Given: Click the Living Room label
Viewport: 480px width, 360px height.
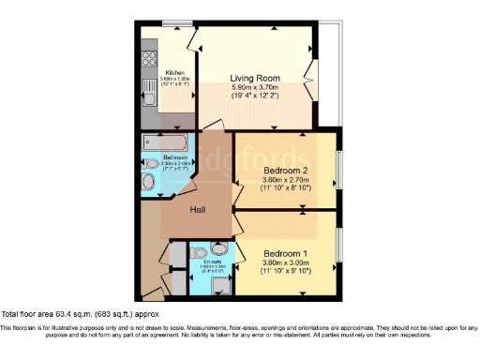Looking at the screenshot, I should [257, 78].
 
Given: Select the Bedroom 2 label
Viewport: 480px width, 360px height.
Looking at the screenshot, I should [287, 170].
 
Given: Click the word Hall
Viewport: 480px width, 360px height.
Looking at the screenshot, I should [197, 210].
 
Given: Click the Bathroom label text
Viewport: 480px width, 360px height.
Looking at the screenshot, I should [175, 157].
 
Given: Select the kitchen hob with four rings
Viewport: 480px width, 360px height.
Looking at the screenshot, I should [147, 59].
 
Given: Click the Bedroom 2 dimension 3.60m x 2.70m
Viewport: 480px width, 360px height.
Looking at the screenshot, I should [287, 179].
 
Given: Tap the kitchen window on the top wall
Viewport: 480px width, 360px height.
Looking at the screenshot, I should [174, 22].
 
